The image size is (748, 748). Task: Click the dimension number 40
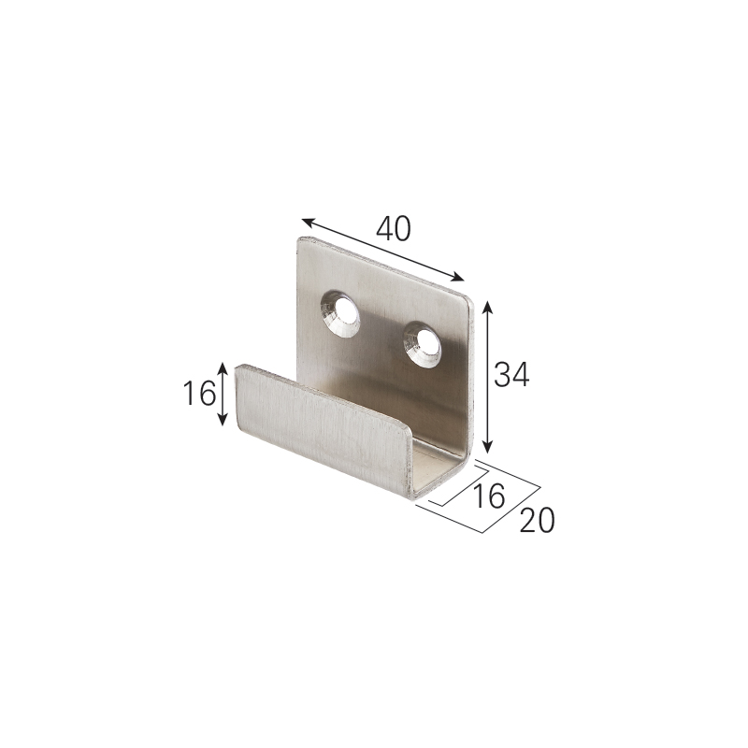[x=393, y=228]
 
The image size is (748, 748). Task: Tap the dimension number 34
[x=511, y=375]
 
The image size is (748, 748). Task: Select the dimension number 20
[x=537, y=520]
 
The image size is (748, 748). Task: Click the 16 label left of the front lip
[x=200, y=395]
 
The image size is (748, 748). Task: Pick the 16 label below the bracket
[x=488, y=496]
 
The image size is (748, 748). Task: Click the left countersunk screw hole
[x=340, y=315]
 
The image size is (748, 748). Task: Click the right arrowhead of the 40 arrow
[x=458, y=278]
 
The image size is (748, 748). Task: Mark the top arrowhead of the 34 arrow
[x=487, y=307]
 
